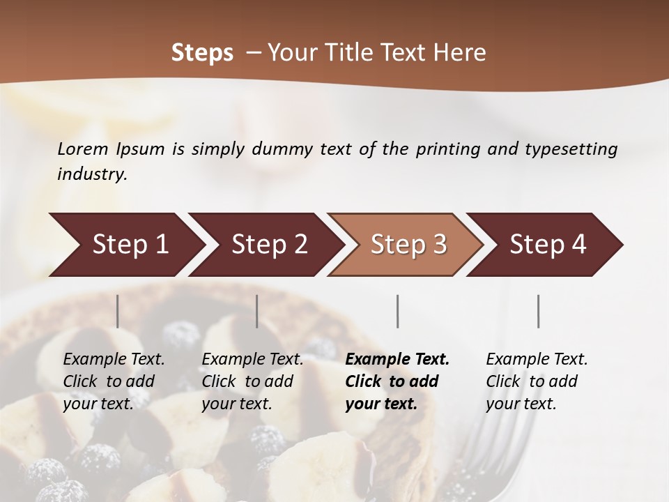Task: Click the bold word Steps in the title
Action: (202, 53)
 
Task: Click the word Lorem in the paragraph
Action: (83, 149)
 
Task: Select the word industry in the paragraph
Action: (92, 174)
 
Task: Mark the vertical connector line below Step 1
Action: (118, 311)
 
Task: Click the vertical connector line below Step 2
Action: (257, 311)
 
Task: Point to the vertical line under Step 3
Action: (397, 311)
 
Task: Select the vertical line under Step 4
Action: (538, 311)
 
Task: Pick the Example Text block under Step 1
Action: (114, 381)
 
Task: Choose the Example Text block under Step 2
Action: (252, 381)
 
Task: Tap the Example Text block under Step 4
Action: (537, 381)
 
